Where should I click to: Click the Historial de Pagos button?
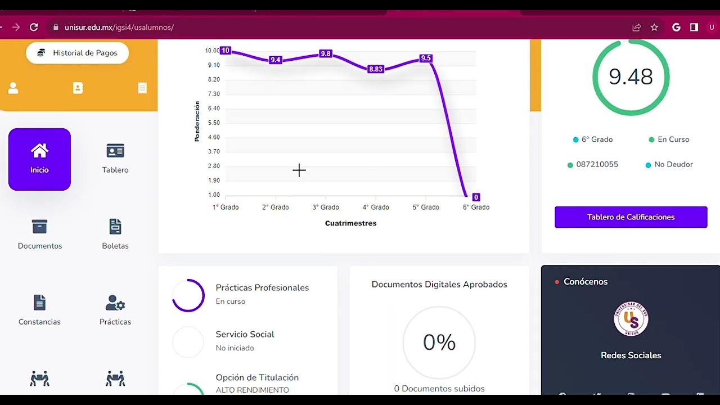tap(78, 53)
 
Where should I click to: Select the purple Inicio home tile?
tap(39, 159)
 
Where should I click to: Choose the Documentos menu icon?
tap(39, 227)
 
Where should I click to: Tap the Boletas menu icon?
tap(115, 227)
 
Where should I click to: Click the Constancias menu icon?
tap(39, 303)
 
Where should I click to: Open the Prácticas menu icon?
tap(115, 303)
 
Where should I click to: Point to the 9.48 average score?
tap(631, 77)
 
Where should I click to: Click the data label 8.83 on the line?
tap(375, 69)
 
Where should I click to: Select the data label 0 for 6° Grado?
tap(476, 197)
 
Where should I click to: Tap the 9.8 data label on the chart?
tap(325, 54)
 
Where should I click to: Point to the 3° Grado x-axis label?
tap(326, 208)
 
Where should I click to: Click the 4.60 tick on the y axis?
tap(214, 137)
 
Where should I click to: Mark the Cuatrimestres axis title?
tap(350, 223)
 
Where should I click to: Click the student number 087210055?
tap(597, 165)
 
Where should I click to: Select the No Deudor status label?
tap(673, 165)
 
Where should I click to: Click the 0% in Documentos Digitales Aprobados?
tap(439, 343)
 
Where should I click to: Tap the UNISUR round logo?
tap(631, 319)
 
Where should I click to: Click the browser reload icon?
tap(34, 27)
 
